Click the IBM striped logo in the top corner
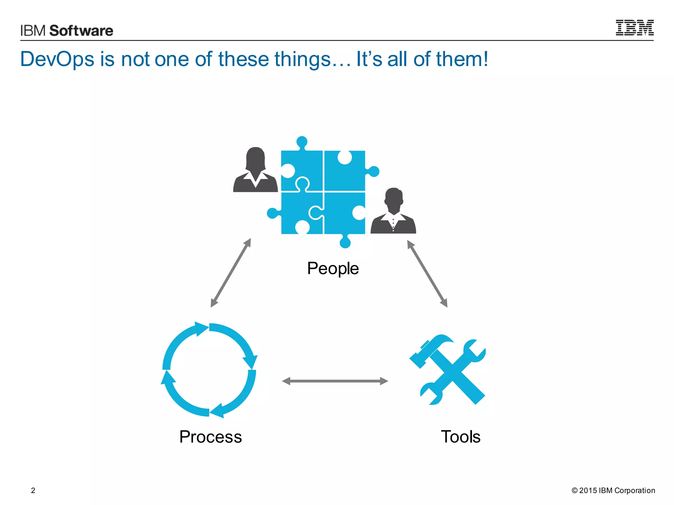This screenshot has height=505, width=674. (x=635, y=28)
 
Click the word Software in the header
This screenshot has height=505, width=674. (x=81, y=31)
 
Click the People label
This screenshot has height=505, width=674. (x=333, y=268)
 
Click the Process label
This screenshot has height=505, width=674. (x=211, y=437)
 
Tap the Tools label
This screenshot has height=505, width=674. (x=460, y=437)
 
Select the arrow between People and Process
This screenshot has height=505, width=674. (x=231, y=273)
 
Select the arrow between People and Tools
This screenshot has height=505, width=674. (x=427, y=274)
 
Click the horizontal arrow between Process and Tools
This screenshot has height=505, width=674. (x=335, y=381)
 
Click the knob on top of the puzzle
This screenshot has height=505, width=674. (x=302, y=142)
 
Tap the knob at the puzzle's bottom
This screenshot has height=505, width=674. (x=345, y=243)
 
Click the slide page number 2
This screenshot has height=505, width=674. (x=33, y=491)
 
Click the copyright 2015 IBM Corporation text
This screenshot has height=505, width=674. (x=613, y=491)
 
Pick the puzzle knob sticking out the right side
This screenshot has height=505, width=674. (x=374, y=171)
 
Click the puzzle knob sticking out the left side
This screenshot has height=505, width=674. (x=272, y=213)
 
